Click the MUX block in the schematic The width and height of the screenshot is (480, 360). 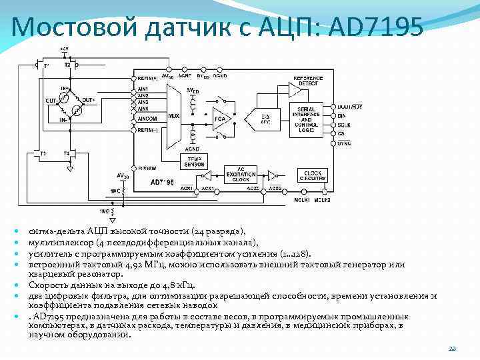tap(175, 115)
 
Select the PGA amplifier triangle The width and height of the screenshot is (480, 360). tap(221, 119)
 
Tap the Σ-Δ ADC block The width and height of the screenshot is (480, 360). tap(265, 119)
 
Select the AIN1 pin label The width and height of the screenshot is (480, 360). tap(142, 89)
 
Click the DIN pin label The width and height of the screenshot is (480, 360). tap(341, 115)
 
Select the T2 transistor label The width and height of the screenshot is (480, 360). tap(67, 65)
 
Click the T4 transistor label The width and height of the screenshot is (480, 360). tap(66, 155)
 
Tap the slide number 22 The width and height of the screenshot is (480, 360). tap(451, 349)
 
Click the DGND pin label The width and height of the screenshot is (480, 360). tap(220, 75)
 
